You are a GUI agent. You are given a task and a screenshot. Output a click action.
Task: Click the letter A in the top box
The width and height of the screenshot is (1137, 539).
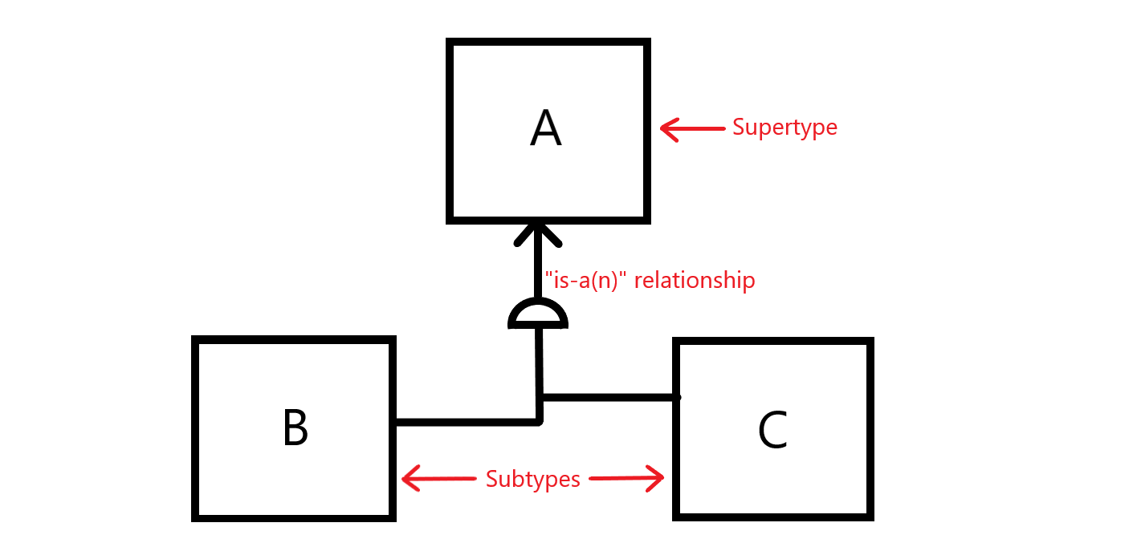(x=546, y=129)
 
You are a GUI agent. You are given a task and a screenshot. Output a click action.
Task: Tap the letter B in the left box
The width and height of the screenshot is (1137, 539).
(x=295, y=428)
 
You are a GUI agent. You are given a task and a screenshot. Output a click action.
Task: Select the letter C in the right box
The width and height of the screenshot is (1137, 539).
(x=772, y=431)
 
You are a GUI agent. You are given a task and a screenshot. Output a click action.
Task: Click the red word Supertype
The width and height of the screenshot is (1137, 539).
(x=784, y=128)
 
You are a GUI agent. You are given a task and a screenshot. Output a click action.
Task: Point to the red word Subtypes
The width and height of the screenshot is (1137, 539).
(x=532, y=480)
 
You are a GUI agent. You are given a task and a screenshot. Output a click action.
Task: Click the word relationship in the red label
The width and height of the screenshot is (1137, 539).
(x=695, y=281)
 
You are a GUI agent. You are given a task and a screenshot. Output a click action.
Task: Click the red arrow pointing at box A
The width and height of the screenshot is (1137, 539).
(x=691, y=128)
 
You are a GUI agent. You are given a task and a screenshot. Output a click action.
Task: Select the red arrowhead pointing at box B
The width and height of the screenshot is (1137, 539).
(x=410, y=480)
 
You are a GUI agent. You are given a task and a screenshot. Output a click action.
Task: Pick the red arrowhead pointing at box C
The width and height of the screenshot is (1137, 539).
(x=657, y=479)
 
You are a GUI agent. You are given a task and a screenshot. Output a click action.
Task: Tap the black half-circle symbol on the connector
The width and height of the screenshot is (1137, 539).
(x=538, y=314)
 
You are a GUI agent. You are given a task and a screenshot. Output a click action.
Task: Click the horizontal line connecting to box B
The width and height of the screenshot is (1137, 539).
(x=466, y=421)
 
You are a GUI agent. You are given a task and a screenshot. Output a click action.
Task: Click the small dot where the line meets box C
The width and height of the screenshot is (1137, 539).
(x=678, y=397)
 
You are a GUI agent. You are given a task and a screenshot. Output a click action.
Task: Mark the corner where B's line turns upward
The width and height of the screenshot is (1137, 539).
(x=539, y=420)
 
